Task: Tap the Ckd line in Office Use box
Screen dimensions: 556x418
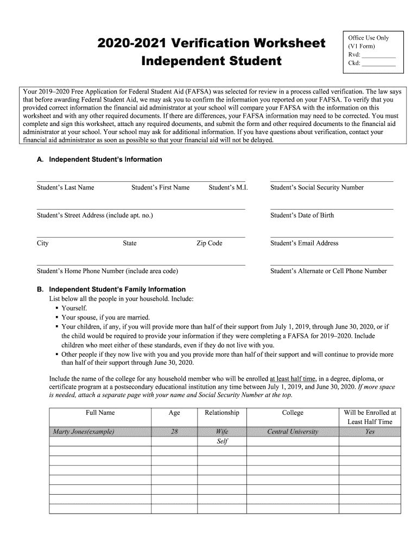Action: pos(378,64)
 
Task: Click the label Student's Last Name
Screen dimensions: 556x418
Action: pos(65,188)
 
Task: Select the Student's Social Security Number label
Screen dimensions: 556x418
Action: pos(316,188)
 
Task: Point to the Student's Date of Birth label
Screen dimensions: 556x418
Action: pos(302,216)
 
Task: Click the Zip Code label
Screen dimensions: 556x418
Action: pos(209,243)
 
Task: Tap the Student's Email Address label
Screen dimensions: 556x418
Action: pos(304,243)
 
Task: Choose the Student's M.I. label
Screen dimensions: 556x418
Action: pos(228,188)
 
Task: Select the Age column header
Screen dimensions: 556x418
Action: pos(174,413)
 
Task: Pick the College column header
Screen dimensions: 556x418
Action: pos(293,413)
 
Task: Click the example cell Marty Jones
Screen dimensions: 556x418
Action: pos(83,432)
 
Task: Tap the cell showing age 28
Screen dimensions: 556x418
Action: pos(174,432)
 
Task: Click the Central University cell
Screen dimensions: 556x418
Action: pos(293,432)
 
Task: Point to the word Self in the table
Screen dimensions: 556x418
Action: pos(222,441)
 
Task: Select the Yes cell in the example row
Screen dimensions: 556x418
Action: pos(370,432)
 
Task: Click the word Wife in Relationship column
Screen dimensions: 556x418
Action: pos(222,432)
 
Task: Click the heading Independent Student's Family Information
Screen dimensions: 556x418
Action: pos(117,289)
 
